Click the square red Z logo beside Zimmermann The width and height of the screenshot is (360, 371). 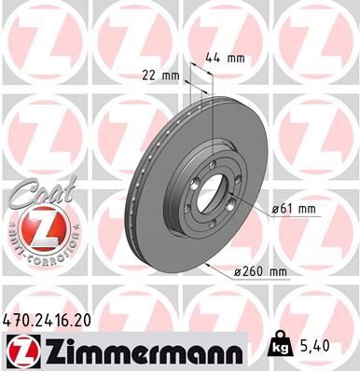coord(20,350)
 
